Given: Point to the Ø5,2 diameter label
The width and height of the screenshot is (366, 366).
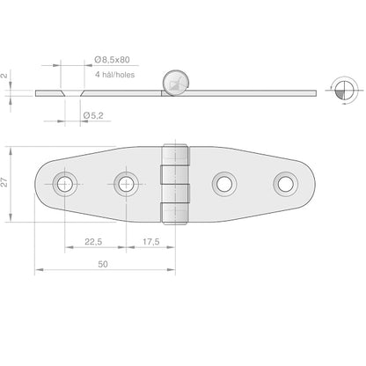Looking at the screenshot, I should (94, 115).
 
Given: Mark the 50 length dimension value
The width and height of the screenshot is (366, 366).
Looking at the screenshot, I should (103, 263).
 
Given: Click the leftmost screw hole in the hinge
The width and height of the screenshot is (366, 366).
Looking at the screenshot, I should (64, 183).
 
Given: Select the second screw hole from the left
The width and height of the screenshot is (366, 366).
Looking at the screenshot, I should (126, 183).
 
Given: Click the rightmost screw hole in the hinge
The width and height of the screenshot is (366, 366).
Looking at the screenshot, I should (284, 183).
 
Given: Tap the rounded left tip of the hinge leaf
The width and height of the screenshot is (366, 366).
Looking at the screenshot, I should (38, 183).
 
